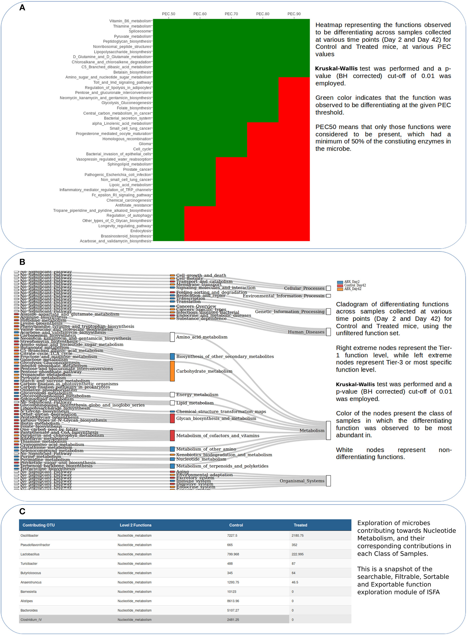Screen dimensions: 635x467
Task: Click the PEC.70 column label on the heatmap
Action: point(231,14)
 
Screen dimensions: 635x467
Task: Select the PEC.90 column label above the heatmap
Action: point(294,14)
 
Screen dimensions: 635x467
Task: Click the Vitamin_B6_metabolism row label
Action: point(130,21)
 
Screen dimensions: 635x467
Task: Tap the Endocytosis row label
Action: point(140,231)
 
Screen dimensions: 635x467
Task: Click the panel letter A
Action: point(22,8)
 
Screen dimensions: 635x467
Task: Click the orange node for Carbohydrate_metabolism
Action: point(172,371)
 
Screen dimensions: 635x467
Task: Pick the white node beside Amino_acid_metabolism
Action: point(172,337)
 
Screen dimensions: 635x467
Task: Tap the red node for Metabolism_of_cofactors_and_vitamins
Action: point(172,435)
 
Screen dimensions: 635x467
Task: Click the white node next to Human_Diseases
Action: point(328,332)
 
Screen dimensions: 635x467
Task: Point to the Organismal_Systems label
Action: point(302,481)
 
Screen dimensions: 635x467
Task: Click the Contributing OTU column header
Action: point(38,525)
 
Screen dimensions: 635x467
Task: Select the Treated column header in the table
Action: point(300,525)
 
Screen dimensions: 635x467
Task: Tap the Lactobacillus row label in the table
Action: point(30,554)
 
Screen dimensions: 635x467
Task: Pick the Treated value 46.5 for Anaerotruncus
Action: point(295,582)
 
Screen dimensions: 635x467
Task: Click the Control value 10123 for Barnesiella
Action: point(231,591)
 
